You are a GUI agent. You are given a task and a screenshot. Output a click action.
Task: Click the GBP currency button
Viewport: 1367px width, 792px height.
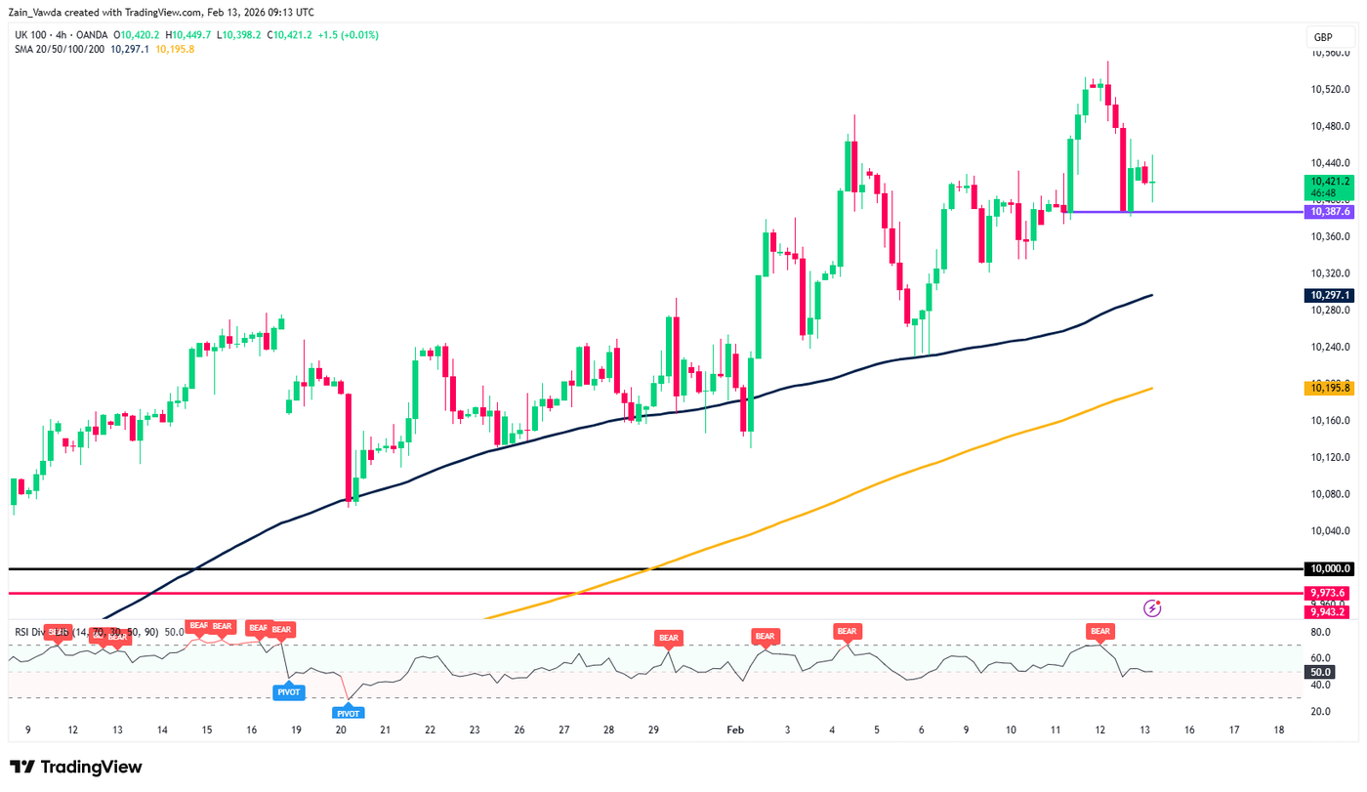click(1323, 37)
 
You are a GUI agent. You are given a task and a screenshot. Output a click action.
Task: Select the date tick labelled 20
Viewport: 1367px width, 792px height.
click(341, 729)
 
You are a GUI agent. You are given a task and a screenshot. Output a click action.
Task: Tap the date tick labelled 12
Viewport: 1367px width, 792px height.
click(1100, 729)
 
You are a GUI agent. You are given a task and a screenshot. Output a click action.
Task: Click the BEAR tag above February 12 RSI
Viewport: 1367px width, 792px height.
click(1100, 632)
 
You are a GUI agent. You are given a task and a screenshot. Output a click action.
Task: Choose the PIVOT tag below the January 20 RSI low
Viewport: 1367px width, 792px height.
click(350, 714)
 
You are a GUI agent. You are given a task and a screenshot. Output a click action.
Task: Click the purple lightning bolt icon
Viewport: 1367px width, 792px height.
click(1153, 608)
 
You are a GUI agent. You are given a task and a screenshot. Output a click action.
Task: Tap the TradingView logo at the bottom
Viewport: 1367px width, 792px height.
click(76, 768)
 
